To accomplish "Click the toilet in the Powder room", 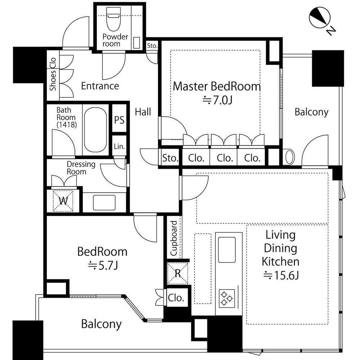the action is pyautogui.click(x=113, y=19).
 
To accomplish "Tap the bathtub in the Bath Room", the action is pyautogui.click(x=95, y=130).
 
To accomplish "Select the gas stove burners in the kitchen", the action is pyautogui.click(x=227, y=298).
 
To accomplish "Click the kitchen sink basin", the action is pyautogui.click(x=227, y=249).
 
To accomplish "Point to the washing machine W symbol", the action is pyautogui.click(x=63, y=201).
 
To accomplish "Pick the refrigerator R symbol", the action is pyautogui.click(x=177, y=273).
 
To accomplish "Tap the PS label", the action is pyautogui.click(x=119, y=120).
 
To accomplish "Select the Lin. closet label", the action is pyautogui.click(x=119, y=146).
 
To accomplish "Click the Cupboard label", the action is pyautogui.click(x=174, y=238).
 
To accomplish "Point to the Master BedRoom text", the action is pyautogui.click(x=217, y=86).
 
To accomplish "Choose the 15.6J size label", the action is pyautogui.click(x=281, y=275).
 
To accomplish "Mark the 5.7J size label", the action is pyautogui.click(x=103, y=265).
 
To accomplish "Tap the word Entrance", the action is pyautogui.click(x=100, y=86).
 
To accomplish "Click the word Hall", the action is pyautogui.click(x=143, y=112).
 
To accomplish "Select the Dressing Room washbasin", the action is pyautogui.click(x=104, y=202).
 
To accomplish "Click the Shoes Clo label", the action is pyautogui.click(x=53, y=74).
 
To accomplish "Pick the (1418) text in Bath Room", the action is pyautogui.click(x=67, y=125).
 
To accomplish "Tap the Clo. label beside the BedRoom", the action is pyautogui.click(x=176, y=298).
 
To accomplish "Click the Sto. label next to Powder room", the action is pyautogui.click(x=152, y=46).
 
